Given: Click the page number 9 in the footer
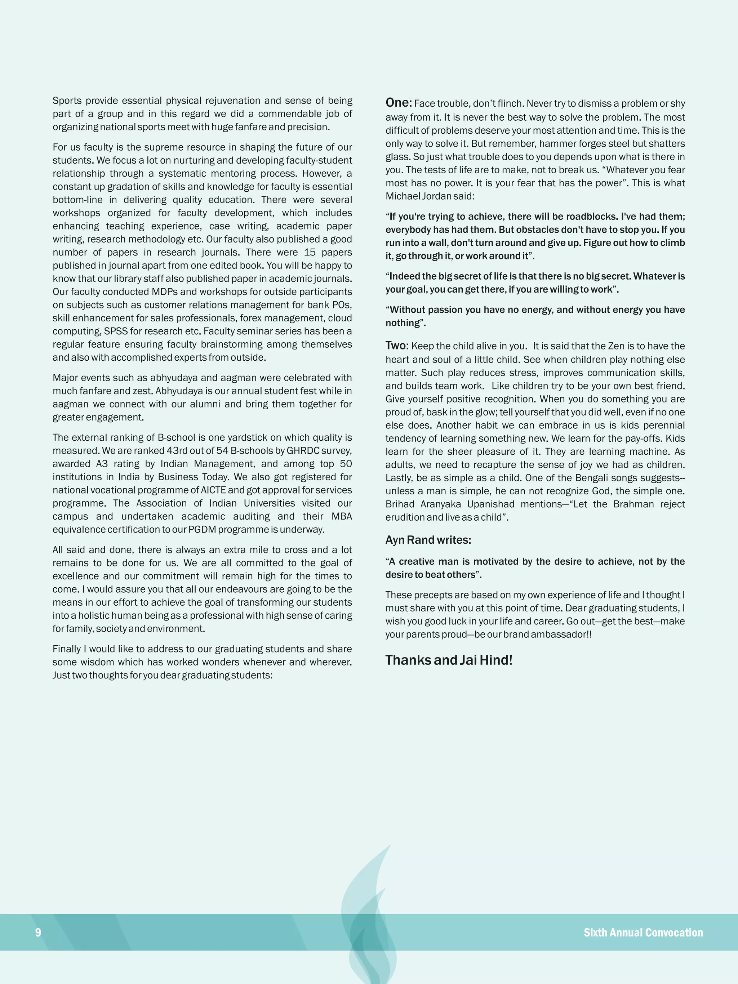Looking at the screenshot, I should point(38,932).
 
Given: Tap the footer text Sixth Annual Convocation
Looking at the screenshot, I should point(643,932).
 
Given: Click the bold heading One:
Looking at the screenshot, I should point(399,103).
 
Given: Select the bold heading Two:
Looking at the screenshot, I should point(397,346).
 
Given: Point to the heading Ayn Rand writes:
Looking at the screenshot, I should point(428,540).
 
